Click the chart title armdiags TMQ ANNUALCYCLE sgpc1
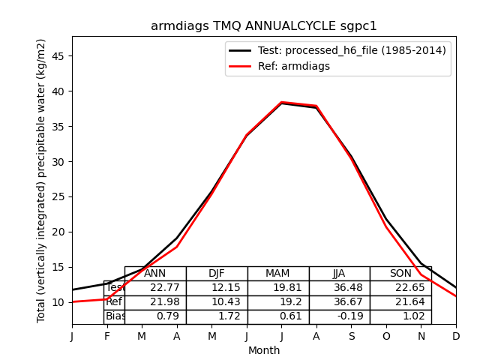point(264,26)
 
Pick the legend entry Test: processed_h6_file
point(337,50)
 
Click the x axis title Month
point(264,350)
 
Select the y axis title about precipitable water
point(42,180)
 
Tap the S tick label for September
point(351,337)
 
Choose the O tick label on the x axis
point(386,337)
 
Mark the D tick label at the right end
point(456,337)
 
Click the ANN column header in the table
point(155,274)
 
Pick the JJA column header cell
point(339,274)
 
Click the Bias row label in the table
point(115,316)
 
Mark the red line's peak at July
point(281,102)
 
